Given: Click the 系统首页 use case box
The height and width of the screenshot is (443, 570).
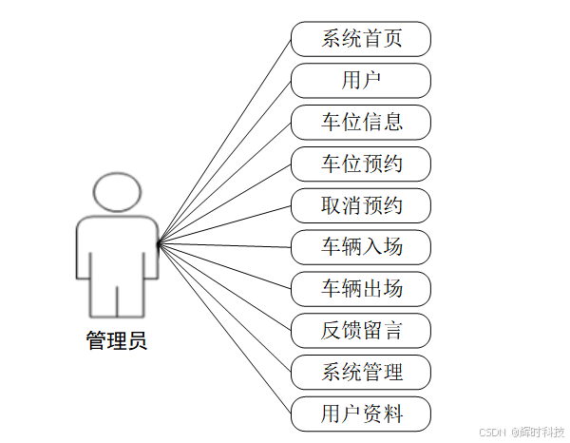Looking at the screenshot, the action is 361,39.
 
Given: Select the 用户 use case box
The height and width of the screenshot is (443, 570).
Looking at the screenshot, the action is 361,80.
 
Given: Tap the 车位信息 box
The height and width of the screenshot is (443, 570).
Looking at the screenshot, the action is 361,122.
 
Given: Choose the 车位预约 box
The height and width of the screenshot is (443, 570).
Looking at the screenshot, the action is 361,164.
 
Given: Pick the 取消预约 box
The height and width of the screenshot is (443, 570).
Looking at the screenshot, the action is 361,205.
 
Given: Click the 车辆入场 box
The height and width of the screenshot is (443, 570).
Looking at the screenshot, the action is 361,247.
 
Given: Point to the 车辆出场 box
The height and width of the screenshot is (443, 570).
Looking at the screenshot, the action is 361,288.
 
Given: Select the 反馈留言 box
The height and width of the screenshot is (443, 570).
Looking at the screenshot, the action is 361,330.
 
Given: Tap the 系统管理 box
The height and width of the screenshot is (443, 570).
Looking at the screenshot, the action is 361,372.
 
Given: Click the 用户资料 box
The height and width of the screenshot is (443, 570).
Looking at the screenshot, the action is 361,414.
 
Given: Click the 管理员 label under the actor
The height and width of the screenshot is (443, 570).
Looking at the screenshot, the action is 117,340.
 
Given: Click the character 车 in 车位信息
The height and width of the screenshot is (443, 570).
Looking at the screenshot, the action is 331,122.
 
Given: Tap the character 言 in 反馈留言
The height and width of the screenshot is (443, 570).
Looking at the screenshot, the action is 392,330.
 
